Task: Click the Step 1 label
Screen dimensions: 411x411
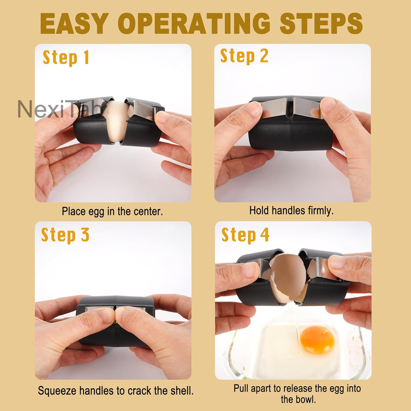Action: (66, 58)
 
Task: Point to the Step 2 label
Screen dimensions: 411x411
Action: (244, 56)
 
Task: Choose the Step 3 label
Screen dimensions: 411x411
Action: (65, 235)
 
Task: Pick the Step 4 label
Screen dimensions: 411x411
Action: (245, 235)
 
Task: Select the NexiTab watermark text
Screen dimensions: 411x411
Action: (59, 109)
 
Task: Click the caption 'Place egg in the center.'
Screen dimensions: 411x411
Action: (112, 211)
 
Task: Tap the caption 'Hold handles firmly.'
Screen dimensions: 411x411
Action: (291, 210)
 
